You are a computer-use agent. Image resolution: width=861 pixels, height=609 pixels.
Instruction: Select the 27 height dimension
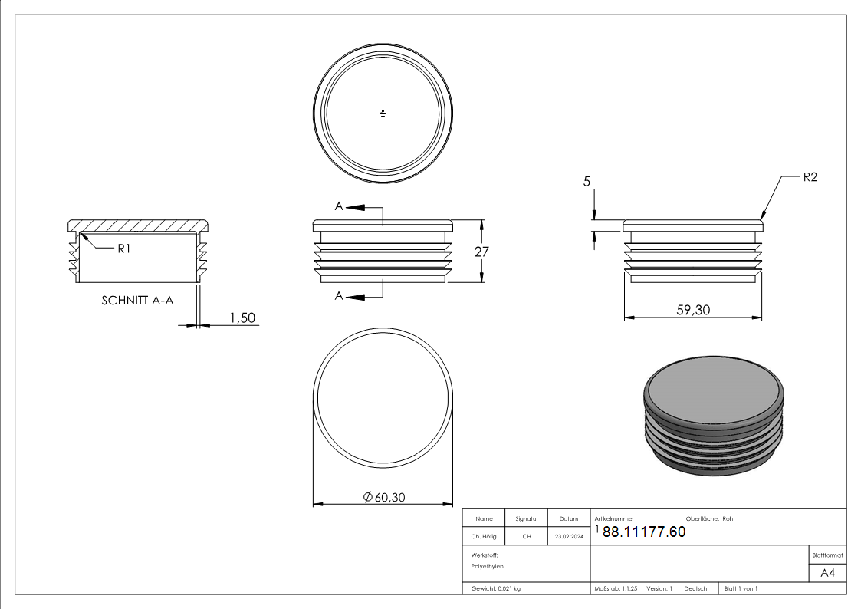pos(481,252)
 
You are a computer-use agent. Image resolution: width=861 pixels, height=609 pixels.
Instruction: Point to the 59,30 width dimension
pos(692,309)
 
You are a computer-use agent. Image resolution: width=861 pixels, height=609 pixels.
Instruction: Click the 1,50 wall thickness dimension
pos(242,318)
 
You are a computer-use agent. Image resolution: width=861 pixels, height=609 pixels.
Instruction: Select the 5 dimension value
pos(587,182)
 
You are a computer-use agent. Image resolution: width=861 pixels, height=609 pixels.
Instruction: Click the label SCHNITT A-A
pos(137,301)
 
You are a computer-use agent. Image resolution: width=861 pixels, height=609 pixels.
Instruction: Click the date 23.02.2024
pos(569,537)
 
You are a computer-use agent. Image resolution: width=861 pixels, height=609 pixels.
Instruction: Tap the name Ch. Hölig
pos(484,537)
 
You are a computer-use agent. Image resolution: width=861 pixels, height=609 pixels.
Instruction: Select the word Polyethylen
pos(488,566)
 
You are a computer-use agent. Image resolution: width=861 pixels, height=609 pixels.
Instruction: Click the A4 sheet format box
pos(828,573)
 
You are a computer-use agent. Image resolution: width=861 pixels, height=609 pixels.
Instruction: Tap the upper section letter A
pos(338,206)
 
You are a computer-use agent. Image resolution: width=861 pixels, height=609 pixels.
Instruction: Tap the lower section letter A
pos(338,296)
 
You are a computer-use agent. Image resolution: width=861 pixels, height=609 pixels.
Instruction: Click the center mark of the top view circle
pos(383,114)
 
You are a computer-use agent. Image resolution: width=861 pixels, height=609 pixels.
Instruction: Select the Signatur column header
pos(527,519)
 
